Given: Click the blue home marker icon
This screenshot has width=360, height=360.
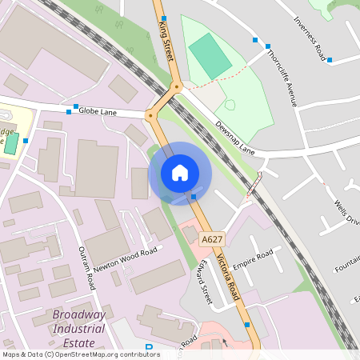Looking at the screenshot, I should click(x=180, y=172).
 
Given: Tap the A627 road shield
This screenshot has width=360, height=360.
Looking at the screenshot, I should click(x=211, y=239).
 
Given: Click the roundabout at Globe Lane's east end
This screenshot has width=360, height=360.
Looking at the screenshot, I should click(x=150, y=115).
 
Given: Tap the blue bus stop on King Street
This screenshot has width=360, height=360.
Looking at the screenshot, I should click(x=162, y=18).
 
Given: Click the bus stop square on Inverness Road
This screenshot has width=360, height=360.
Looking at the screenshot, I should click(x=329, y=60).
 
